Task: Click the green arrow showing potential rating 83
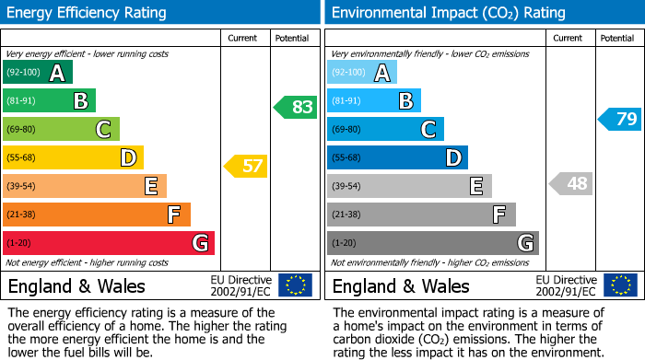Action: pos(296,107)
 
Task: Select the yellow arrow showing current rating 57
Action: pos(245,167)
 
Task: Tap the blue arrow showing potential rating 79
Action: pos(620,119)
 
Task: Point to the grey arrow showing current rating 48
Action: pos(570,183)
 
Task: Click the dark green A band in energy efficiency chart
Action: pos(38,73)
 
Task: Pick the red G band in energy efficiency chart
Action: pos(109,243)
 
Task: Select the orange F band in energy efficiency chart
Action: pos(97,215)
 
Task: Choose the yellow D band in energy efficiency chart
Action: pos(73,157)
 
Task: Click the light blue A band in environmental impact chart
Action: pos(362,73)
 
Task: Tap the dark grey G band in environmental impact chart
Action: pos(432,243)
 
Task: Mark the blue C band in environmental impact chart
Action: pos(385,129)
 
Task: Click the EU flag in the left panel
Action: pos(295,285)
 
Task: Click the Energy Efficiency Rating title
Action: pos(88,13)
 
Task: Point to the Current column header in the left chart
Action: pos(244,38)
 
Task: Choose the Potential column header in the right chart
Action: pos(617,38)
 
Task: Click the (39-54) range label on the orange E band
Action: pos(22,187)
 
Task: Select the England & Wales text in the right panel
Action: pos(401,285)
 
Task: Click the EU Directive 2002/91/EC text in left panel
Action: pos(241,285)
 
